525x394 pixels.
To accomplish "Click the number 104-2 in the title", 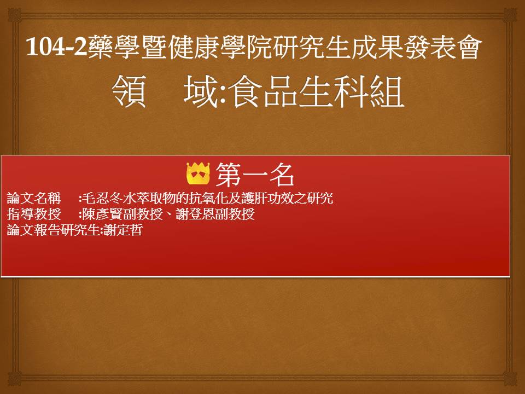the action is [56, 47].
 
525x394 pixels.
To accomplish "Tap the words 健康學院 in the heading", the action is [220, 47].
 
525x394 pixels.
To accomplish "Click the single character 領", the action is [129, 91].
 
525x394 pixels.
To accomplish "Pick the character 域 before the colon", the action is [201, 91].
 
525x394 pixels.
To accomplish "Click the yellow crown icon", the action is [198, 173].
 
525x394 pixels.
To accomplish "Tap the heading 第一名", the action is [254, 174].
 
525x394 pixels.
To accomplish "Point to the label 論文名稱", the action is [34, 198].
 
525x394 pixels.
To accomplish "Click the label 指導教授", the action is [34, 214].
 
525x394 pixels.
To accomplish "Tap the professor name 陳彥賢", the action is [102, 214].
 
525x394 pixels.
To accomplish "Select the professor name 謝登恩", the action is [195, 214].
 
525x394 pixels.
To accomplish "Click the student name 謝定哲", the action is [123, 229].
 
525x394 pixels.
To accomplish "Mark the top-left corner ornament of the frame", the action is [14, 15].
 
